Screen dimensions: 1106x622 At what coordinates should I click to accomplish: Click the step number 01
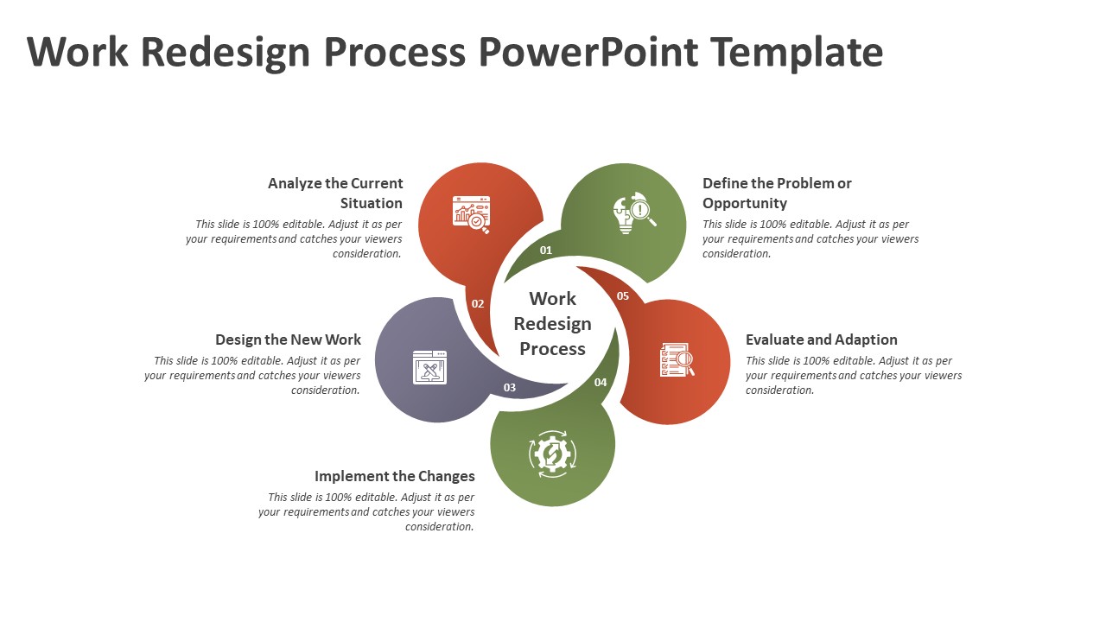(x=545, y=251)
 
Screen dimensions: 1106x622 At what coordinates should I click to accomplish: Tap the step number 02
(x=478, y=303)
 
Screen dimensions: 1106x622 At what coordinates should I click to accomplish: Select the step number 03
(x=510, y=388)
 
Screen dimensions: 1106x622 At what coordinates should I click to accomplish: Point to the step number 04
(x=601, y=382)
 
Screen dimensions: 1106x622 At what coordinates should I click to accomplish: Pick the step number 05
(x=623, y=295)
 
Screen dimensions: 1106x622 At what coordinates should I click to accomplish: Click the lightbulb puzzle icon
(x=634, y=213)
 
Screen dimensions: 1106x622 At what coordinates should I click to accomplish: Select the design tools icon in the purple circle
(x=429, y=367)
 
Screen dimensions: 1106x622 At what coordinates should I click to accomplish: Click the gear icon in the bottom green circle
(x=552, y=454)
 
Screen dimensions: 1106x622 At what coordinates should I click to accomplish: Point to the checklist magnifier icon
(x=677, y=360)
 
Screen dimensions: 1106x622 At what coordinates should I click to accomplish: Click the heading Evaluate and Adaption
(x=821, y=340)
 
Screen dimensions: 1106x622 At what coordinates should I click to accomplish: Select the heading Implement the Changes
(x=395, y=476)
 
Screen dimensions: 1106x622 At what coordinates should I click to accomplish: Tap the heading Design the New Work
(x=288, y=340)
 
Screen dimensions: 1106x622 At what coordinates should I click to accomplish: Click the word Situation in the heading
(x=372, y=203)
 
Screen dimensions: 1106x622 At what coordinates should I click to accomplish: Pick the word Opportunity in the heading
(x=745, y=203)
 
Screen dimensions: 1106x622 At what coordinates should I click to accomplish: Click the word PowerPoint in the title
(x=588, y=52)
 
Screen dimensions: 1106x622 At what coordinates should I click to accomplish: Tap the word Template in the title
(x=797, y=53)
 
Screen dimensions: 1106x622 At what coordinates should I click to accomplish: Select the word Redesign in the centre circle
(x=552, y=324)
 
